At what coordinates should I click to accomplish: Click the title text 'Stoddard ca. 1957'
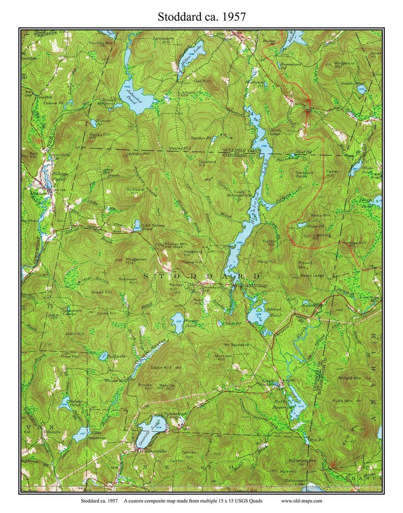click(201, 16)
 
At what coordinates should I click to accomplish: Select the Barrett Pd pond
click(93, 123)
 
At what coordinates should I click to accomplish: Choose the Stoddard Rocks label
click(305, 174)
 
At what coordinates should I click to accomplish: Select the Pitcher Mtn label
click(176, 244)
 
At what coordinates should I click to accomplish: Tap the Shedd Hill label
click(101, 292)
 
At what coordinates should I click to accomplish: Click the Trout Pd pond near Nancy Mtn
click(303, 225)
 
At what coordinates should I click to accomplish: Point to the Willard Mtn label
click(349, 378)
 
